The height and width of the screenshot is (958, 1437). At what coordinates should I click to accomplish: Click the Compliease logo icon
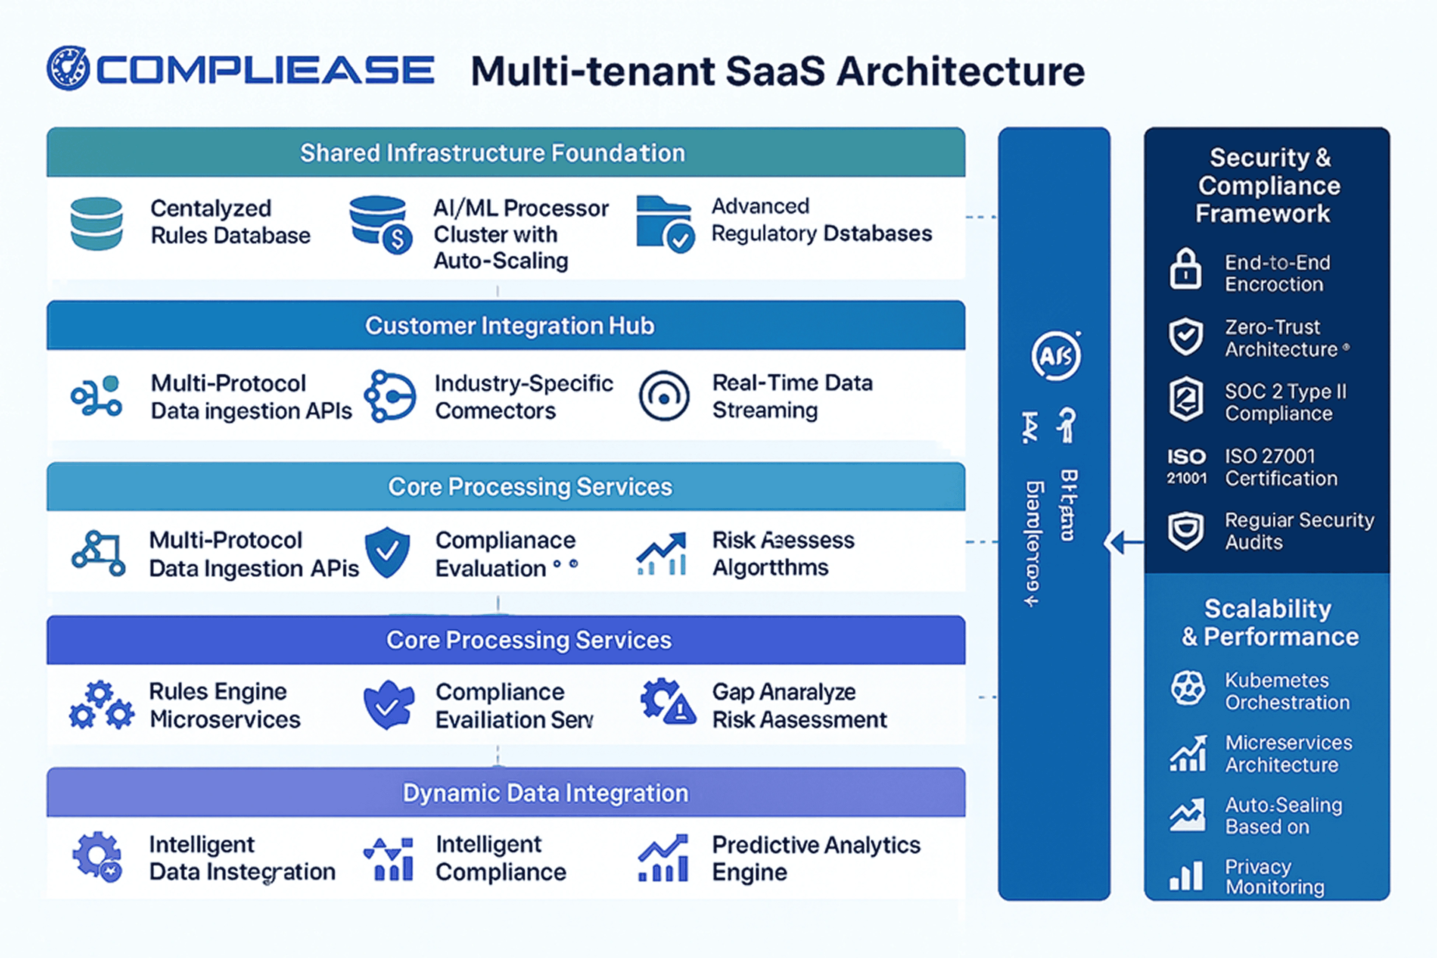68,68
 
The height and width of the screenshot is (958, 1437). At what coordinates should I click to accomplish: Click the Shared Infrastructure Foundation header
492,153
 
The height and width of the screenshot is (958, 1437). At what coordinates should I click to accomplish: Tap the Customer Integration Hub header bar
509,326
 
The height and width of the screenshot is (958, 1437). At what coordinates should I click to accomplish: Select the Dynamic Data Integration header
545,793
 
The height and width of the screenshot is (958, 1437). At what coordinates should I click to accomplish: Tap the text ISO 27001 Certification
1281,467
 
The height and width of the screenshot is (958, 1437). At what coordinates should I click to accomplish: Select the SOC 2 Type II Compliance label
1285,402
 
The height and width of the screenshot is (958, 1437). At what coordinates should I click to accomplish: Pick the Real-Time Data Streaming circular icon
664,396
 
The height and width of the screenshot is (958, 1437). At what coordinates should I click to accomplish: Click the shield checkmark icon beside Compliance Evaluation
387,552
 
